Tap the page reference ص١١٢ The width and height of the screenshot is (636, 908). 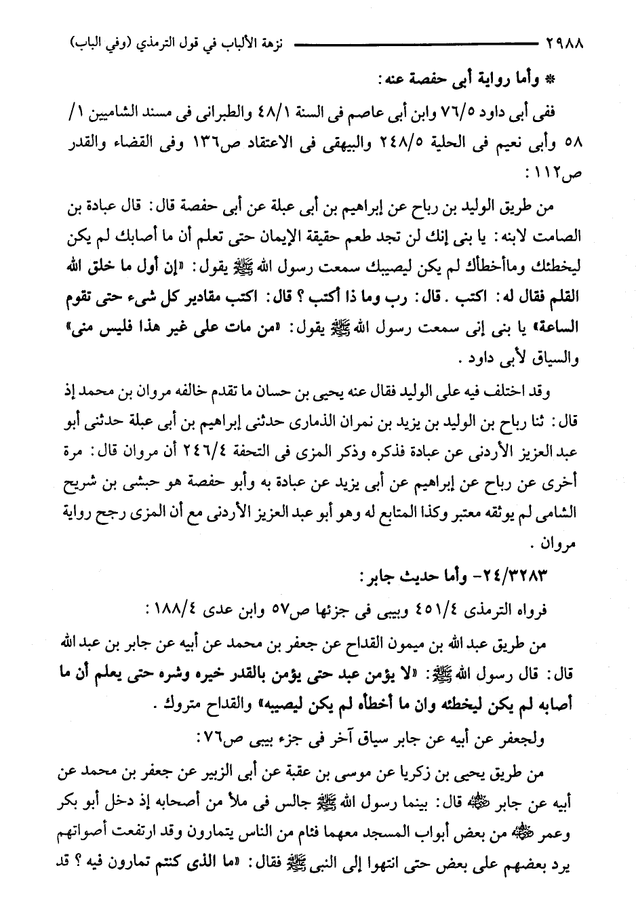pyautogui.click(x=563, y=174)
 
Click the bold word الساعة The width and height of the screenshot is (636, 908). pyautogui.click(x=557, y=328)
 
